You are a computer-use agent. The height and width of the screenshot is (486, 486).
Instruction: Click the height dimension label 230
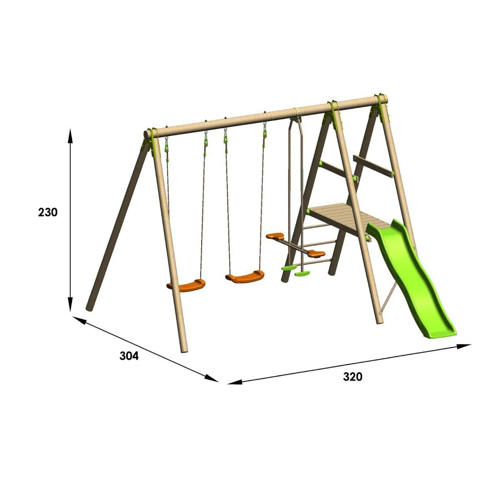(48, 212)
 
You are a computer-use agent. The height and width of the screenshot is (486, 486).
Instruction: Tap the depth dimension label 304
(129, 356)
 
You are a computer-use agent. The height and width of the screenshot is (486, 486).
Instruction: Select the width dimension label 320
(352, 377)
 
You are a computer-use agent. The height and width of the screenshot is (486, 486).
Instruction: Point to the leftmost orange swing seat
(186, 284)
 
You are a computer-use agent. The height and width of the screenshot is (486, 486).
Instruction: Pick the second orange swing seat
(245, 277)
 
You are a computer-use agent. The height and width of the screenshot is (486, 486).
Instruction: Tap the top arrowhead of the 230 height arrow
(70, 136)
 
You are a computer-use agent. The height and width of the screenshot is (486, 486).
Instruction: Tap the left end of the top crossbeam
(148, 134)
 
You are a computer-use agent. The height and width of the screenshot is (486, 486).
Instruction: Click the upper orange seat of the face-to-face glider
(275, 236)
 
